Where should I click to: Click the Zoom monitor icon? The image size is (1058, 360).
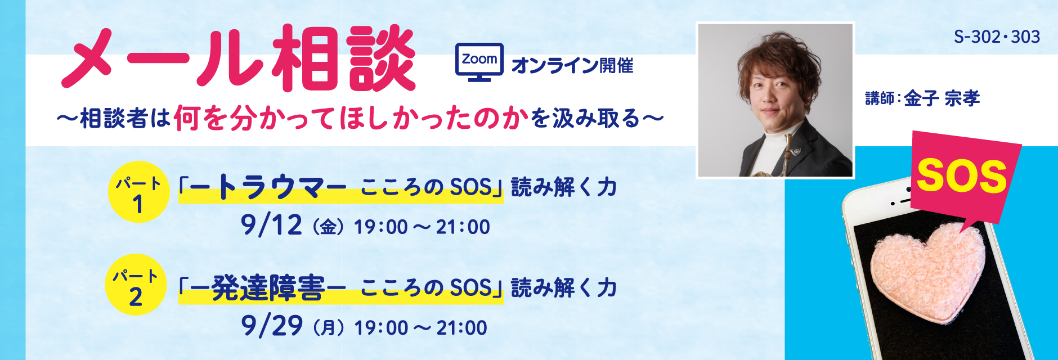479,62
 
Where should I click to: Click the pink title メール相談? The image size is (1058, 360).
237,58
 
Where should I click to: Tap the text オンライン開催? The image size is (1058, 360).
572,66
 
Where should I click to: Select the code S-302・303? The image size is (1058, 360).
997,37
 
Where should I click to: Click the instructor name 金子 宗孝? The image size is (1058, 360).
942,98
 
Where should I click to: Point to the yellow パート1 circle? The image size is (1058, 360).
138,192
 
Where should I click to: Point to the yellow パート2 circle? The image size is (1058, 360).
136,285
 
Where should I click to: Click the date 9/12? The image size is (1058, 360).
271,225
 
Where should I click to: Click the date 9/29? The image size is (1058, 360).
272,326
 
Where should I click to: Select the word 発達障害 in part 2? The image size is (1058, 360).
268,288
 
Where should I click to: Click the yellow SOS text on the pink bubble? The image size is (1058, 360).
962,176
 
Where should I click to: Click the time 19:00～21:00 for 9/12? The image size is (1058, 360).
422,227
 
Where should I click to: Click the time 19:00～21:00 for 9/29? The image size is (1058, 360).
420,327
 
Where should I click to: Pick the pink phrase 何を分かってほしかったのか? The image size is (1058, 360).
352,119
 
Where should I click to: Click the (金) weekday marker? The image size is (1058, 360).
328,227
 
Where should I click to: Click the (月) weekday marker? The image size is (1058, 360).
328,327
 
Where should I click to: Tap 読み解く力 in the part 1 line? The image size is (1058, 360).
564,187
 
